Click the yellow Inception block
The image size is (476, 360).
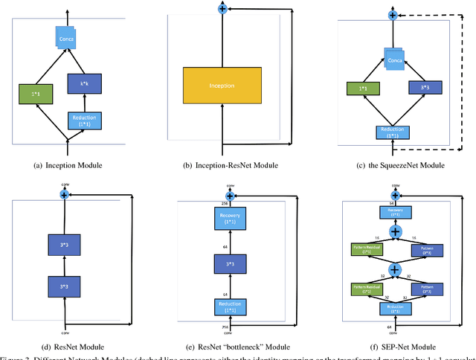click(221, 86)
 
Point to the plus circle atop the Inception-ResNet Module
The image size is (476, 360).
click(221, 8)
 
